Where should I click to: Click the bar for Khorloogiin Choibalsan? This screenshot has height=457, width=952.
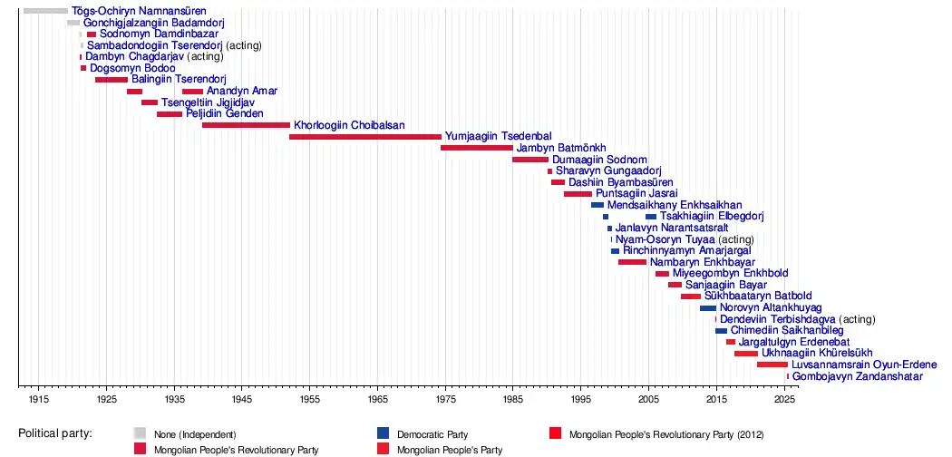(x=246, y=125)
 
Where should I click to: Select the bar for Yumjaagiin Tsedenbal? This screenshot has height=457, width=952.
(x=365, y=137)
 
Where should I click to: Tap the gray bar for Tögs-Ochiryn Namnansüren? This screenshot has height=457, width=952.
(x=45, y=11)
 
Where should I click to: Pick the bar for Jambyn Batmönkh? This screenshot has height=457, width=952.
(x=477, y=148)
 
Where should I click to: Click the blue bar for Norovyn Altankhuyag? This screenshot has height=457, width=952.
(x=708, y=308)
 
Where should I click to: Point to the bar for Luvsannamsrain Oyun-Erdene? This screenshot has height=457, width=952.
(x=772, y=365)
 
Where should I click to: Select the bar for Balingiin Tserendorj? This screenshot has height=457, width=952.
(x=112, y=80)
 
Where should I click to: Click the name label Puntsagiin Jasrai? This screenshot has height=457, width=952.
(x=636, y=194)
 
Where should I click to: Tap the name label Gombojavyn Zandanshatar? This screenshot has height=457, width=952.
(x=858, y=376)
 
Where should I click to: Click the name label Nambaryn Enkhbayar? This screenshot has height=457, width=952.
(x=694, y=262)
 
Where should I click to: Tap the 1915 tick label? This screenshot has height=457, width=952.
(x=38, y=400)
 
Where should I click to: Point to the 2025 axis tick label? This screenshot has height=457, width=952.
(x=784, y=400)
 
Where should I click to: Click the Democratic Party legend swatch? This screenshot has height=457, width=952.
(x=383, y=434)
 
